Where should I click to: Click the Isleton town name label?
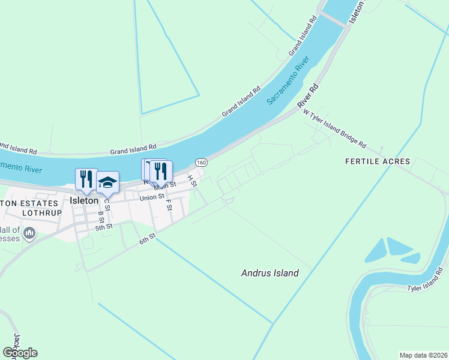pyautogui.click(x=83, y=200)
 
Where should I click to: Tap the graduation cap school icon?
pyautogui.click(x=107, y=182)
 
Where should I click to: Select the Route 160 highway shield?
pyautogui.click(x=202, y=163)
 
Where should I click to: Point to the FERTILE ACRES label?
pyautogui.click(x=378, y=161)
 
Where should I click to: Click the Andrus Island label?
pyautogui.click(x=270, y=273)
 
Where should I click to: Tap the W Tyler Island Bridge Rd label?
pyautogui.click(x=334, y=128)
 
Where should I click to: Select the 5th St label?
pyautogui.click(x=104, y=227)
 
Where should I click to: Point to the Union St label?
pyautogui.click(x=151, y=197)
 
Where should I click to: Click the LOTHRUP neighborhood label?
pyautogui.click(x=42, y=212)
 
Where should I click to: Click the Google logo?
pyautogui.click(x=20, y=353)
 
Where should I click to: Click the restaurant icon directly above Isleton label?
pyautogui.click(x=86, y=179)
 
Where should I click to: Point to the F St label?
pyautogui.click(x=169, y=205)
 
